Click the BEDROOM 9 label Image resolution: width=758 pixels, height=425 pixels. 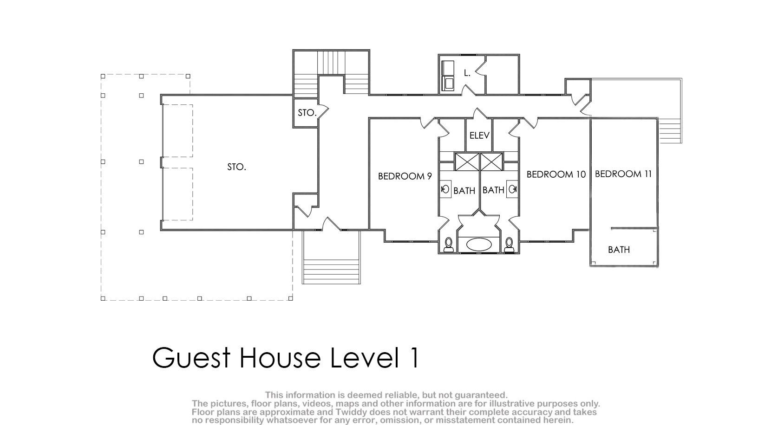405,176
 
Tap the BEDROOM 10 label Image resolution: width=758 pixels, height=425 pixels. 556,174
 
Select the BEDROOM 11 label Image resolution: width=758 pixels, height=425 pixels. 623,174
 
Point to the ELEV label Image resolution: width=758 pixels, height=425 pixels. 479,135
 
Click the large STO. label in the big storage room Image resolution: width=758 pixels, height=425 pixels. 236,167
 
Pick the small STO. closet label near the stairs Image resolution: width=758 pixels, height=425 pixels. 307,113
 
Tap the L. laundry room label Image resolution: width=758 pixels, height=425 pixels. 467,73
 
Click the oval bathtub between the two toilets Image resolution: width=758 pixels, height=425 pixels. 479,245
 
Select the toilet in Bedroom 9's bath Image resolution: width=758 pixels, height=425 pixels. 449,245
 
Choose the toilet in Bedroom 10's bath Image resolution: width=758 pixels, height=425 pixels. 509,245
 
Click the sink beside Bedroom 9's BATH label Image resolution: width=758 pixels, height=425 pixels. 445,189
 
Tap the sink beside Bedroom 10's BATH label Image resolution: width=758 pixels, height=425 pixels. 512,189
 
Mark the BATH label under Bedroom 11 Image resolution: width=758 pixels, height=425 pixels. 619,250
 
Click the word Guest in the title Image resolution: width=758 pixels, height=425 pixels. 191,357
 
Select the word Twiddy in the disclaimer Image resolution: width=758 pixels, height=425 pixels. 352,412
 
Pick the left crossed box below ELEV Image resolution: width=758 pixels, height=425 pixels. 467,162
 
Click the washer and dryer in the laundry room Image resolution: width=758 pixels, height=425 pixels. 448,76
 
